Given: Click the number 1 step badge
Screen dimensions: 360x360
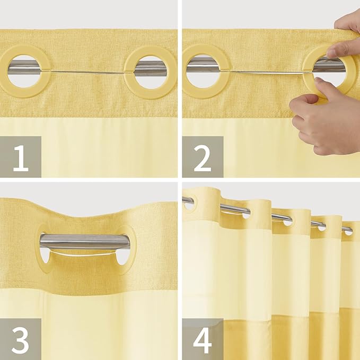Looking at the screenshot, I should click(x=21, y=156).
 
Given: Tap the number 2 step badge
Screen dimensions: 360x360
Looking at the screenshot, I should click(x=203, y=156).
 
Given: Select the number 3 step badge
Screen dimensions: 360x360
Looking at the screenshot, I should click(x=21, y=339).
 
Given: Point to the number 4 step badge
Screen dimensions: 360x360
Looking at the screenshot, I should click(x=203, y=339).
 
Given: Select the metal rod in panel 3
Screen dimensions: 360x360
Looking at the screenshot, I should click(x=85, y=242).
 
